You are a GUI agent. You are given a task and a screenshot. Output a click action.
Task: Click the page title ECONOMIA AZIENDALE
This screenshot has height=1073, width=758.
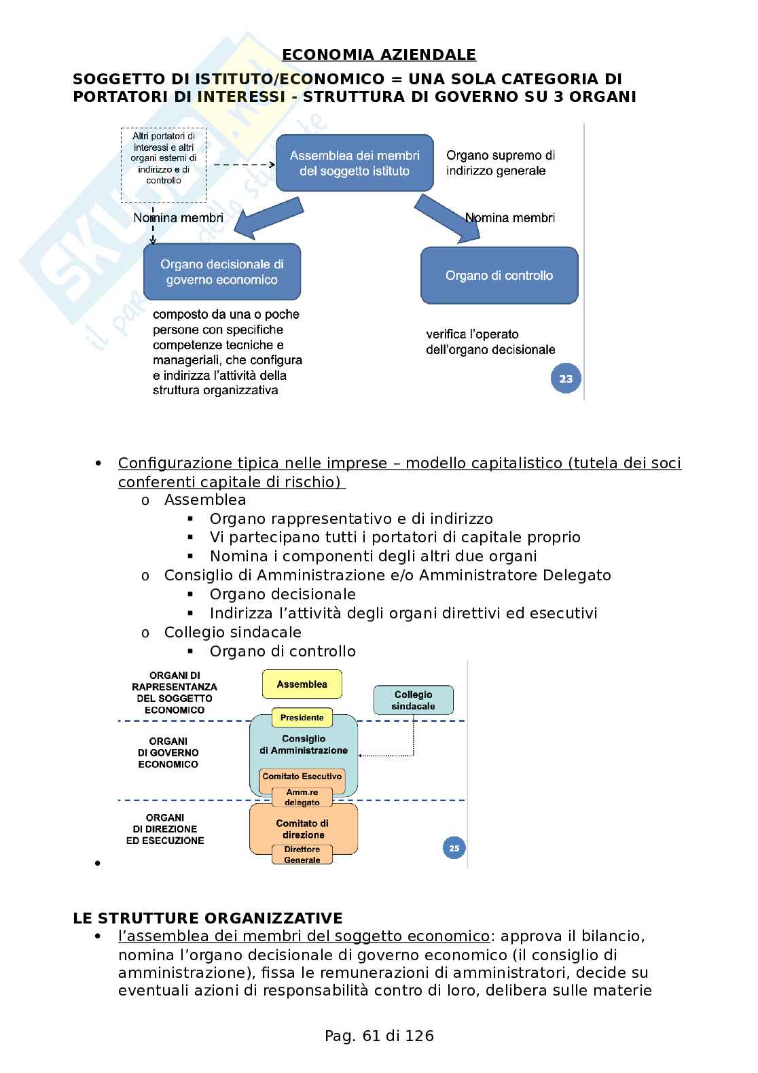coord(378,55)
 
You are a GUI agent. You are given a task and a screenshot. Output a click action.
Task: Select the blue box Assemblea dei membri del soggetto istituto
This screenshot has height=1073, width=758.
coord(355,163)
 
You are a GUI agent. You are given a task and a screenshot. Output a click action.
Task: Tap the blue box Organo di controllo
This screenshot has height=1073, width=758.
coord(499,275)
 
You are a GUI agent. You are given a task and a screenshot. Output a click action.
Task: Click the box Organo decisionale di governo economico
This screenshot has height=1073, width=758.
coord(221,272)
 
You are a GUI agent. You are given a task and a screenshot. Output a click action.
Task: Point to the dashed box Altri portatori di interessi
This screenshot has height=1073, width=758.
coord(164,165)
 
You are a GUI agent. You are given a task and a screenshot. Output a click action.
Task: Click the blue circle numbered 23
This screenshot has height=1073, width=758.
coord(566,379)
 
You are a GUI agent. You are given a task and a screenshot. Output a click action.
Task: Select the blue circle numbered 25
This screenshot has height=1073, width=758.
coord(454,847)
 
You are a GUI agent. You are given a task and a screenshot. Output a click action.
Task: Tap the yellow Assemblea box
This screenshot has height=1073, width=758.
coord(302,684)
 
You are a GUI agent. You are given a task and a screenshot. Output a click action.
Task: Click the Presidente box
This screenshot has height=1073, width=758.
coord(302,718)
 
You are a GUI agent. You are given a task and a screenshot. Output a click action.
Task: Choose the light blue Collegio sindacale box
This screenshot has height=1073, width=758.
coord(413,700)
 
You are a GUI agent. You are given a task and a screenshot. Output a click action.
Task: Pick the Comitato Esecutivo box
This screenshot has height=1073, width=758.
coord(302,776)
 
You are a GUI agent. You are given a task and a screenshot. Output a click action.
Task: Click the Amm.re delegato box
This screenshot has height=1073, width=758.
coord(302,797)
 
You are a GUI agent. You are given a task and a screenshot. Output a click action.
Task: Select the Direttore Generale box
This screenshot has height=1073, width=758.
coord(302,854)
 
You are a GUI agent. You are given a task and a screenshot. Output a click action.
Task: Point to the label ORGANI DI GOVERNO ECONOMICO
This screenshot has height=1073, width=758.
coord(168,752)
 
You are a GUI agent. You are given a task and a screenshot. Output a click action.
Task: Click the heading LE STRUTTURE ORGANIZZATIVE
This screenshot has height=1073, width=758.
coord(208,918)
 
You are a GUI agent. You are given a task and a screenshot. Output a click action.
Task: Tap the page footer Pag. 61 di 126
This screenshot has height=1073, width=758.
coord(379,1036)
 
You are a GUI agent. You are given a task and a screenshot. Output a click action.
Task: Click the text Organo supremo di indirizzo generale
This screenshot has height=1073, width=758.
coord(500,163)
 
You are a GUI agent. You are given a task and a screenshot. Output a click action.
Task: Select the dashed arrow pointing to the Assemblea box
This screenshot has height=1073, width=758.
coord(243,164)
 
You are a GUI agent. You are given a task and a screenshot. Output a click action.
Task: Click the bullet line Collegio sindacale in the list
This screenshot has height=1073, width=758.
coord(232,632)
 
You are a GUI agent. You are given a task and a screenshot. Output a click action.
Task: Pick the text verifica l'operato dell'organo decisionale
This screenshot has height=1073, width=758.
coord(490,342)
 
